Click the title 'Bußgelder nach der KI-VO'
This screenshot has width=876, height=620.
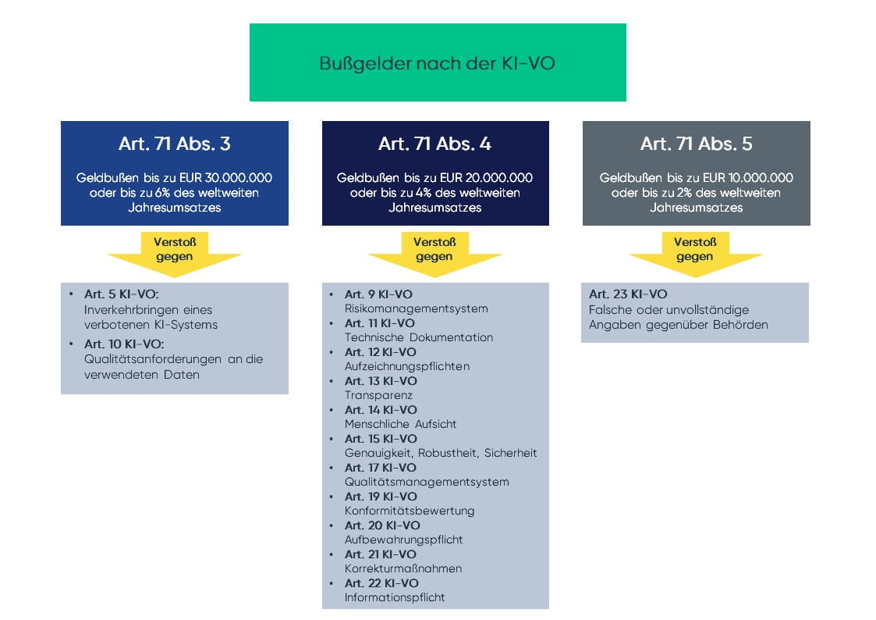click(437, 63)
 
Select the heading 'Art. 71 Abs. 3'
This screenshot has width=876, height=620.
click(174, 144)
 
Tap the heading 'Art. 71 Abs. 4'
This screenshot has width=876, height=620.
click(434, 144)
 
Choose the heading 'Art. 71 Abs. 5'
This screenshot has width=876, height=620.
click(696, 144)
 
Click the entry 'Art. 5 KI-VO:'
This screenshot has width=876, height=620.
click(121, 294)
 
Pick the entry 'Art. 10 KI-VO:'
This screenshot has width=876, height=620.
click(124, 344)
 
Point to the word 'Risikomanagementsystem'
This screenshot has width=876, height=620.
click(417, 308)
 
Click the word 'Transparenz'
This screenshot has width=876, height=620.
click(378, 395)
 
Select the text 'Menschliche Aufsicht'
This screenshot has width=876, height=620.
click(401, 424)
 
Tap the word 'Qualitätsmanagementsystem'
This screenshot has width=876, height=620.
click(427, 482)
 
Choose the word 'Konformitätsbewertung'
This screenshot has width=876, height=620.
click(410, 511)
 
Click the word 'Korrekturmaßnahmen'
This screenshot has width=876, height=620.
click(403, 568)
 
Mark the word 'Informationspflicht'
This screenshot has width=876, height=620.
click(395, 597)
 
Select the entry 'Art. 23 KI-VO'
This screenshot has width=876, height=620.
click(628, 294)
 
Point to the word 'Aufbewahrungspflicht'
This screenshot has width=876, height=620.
click(404, 540)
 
